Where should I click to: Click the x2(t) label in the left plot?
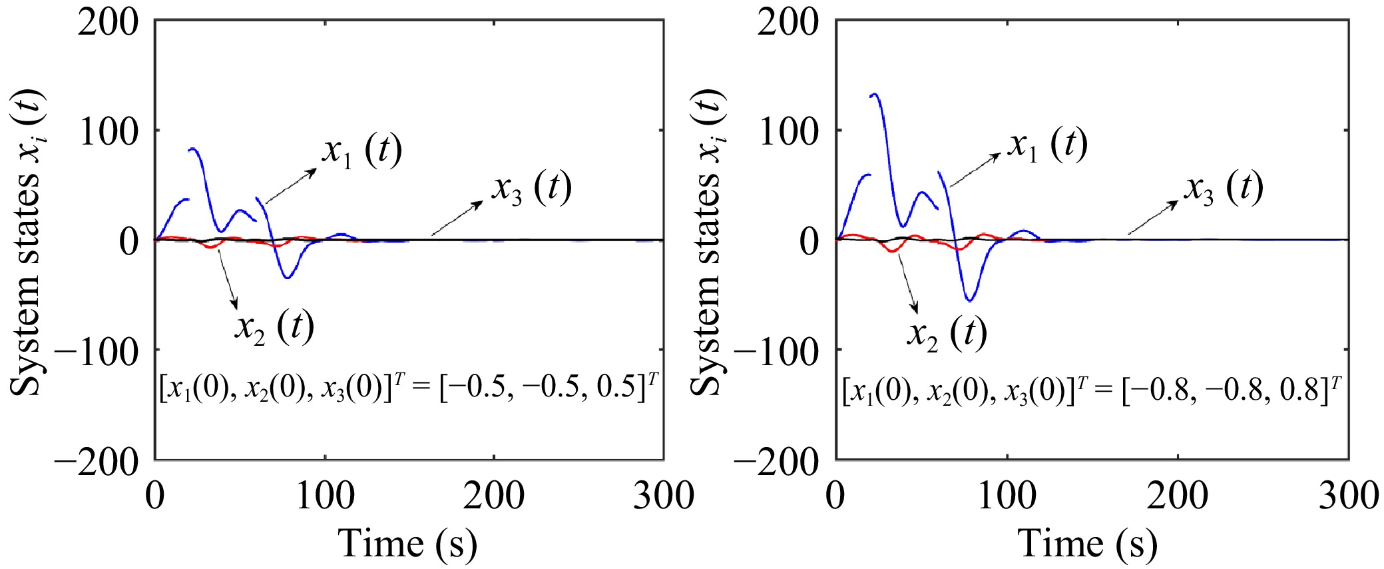[274, 326]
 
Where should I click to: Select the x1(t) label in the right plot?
[1047, 145]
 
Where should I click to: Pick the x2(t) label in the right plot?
[946, 332]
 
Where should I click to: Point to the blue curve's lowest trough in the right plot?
[970, 301]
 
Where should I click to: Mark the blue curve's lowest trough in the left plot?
[287, 278]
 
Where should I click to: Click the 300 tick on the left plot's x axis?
[663, 496]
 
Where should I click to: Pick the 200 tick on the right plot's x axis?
[1178, 496]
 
